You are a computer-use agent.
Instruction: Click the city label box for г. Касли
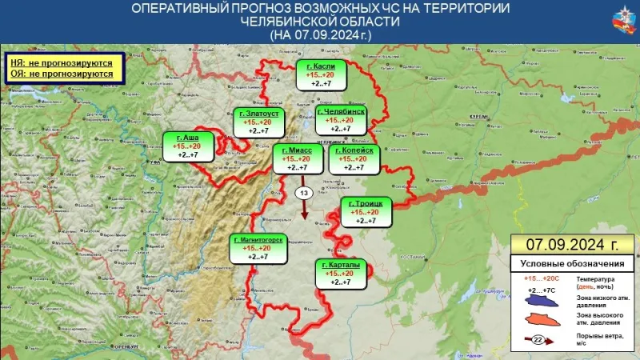321,74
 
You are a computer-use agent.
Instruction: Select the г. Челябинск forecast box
342,120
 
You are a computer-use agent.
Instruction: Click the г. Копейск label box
354,158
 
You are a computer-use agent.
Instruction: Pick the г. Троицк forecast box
366,212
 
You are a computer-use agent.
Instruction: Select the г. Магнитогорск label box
258,248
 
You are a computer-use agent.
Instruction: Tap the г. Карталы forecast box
342,274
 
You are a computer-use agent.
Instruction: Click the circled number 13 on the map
303,194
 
